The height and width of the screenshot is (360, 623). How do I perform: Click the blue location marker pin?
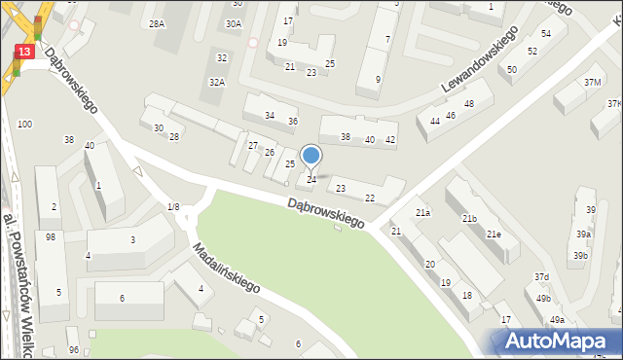[311, 156]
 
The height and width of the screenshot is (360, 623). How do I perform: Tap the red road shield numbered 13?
[25, 51]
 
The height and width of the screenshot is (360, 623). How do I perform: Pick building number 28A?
[157, 23]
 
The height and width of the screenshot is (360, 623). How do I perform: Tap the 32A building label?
[217, 83]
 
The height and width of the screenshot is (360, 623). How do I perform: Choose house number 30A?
[234, 23]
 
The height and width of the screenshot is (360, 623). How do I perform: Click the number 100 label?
[24, 124]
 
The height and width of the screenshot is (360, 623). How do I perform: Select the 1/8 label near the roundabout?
[173, 206]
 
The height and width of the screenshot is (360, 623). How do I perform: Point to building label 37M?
[592, 83]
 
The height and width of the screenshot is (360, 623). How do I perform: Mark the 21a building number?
[422, 212]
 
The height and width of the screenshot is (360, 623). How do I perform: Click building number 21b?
[469, 219]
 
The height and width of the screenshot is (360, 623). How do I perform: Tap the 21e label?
[495, 234]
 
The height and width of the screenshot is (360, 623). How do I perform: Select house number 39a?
[583, 234]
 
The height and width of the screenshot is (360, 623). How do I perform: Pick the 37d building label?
[542, 277]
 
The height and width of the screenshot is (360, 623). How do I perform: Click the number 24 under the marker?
[311, 180]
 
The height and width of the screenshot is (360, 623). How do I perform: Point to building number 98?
[51, 237]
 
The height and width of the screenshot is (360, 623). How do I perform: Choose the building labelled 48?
[468, 104]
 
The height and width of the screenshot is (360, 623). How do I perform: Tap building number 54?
[546, 34]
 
